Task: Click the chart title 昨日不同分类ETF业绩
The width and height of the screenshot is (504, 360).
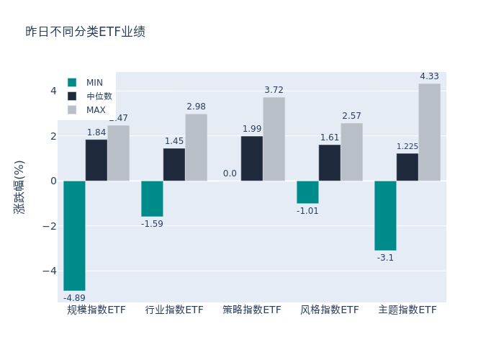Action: [85, 32]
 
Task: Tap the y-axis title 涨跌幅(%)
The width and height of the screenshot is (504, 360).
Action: [19, 186]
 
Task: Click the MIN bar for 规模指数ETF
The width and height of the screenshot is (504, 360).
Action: [74, 235]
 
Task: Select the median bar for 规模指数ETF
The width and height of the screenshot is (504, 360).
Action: [96, 160]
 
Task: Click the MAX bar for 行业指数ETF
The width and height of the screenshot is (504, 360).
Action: [196, 147]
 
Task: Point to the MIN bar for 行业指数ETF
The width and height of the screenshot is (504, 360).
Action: [152, 199]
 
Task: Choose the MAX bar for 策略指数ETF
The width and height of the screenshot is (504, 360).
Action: [274, 139]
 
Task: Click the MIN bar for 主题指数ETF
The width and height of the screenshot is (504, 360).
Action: [385, 215]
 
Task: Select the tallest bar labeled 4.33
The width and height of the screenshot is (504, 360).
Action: [429, 132]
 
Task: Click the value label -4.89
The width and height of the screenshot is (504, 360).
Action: [74, 298]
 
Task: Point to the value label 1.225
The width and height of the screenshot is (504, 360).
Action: [408, 147]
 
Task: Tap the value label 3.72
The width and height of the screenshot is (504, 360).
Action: [274, 90]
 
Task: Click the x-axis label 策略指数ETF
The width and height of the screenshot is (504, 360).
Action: [252, 310]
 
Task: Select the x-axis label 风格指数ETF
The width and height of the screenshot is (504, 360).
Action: [330, 310]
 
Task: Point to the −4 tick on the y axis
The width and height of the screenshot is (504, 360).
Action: [53, 271]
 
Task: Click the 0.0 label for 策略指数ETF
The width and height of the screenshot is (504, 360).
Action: [230, 174]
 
